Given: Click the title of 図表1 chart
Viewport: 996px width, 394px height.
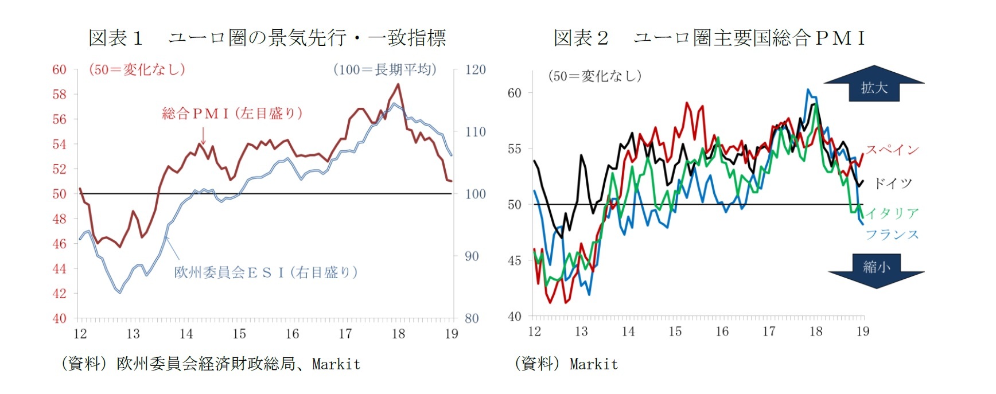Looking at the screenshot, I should tap(267, 38).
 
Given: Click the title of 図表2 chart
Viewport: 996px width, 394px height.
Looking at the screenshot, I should tap(709, 38).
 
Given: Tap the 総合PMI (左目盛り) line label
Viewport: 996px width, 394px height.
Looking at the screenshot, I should tap(232, 113).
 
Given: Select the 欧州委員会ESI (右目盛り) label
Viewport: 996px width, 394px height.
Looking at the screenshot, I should tap(266, 272).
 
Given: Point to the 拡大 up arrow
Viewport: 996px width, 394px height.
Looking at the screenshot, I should tap(874, 84).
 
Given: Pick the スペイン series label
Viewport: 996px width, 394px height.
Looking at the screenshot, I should tap(892, 150).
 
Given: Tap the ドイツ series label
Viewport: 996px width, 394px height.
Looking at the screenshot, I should tap(892, 184).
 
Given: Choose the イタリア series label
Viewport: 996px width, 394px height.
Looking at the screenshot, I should tap(892, 213).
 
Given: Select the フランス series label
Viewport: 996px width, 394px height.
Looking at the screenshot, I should tap(892, 234).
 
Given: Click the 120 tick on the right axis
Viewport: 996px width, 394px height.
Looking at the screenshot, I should tap(475, 70).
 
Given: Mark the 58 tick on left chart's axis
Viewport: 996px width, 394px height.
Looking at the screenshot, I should tap(59, 95).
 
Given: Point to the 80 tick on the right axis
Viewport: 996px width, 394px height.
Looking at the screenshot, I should tap(472, 318).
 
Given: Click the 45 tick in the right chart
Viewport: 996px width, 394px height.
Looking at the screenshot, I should tap(514, 260).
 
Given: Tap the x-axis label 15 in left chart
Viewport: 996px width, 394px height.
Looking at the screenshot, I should tap(239, 334).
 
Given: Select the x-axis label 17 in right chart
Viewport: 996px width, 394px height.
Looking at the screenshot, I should tap(769, 331).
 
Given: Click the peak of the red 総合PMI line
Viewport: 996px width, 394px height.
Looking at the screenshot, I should tap(398, 84).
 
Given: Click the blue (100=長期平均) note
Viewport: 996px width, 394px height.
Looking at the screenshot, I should tap(384, 70).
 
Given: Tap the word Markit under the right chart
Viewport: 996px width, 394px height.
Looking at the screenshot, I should tap(594, 364).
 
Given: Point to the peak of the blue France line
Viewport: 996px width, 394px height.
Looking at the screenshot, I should tap(808, 89).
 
